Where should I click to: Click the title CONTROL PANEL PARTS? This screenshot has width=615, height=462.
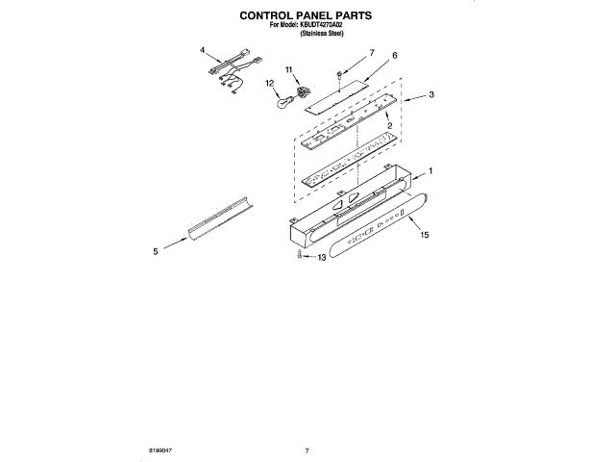point(305,17)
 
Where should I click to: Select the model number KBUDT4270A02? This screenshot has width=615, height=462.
point(326,26)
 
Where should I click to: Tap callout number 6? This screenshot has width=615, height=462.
point(394,56)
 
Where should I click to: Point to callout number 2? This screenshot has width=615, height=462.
point(387,126)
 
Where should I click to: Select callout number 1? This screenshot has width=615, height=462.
point(430,170)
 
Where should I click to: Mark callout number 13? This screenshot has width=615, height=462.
point(322,257)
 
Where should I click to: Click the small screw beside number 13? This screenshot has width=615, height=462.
point(299,256)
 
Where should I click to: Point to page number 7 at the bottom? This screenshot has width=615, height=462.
point(306,449)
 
